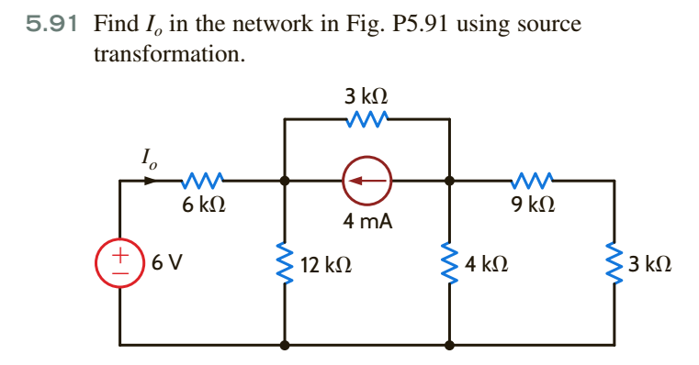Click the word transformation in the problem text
(169, 54)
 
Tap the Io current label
(149, 161)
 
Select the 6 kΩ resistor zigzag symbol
(200, 181)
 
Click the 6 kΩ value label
(199, 206)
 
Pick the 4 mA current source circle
(367, 181)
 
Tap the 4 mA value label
(367, 220)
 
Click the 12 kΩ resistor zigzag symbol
(285, 264)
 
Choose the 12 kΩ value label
(325, 266)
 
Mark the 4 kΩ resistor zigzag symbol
(450, 264)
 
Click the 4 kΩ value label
(485, 266)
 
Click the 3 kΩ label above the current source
(366, 94)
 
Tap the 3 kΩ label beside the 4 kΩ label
(650, 266)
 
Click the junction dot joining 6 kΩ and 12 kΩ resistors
(285, 181)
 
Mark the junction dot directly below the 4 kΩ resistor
(450, 346)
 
